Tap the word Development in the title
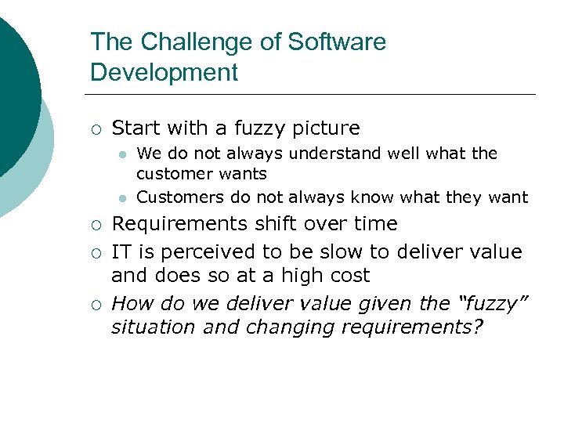pyautogui.click(x=164, y=72)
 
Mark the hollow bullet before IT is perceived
pyautogui.click(x=94, y=253)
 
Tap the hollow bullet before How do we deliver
pyautogui.click(x=94, y=303)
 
